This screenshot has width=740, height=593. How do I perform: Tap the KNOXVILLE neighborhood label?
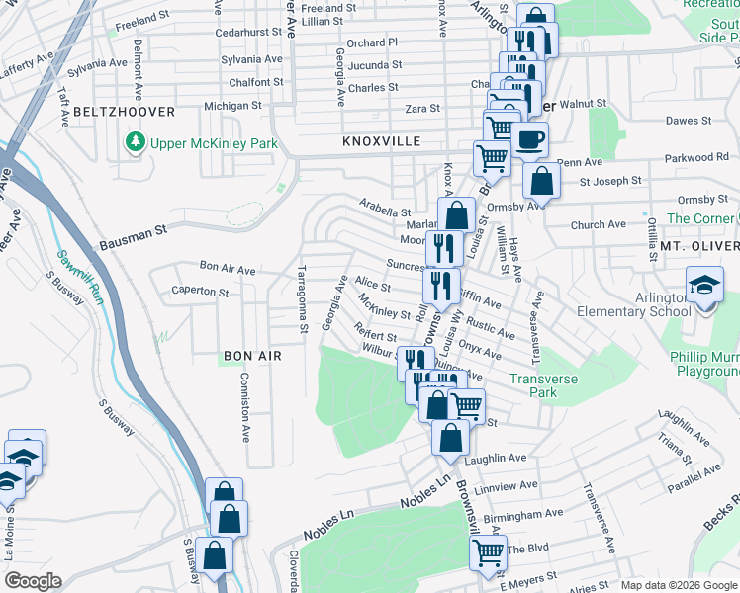[383, 141]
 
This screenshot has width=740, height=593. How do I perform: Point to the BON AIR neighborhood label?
[252, 355]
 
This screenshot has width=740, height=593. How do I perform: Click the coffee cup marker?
[529, 139]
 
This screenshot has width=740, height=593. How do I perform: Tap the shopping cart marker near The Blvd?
[488, 552]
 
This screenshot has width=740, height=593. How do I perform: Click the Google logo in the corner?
[33, 580]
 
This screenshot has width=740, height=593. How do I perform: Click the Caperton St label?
[200, 293]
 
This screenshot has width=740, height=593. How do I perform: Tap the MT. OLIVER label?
[699, 245]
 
